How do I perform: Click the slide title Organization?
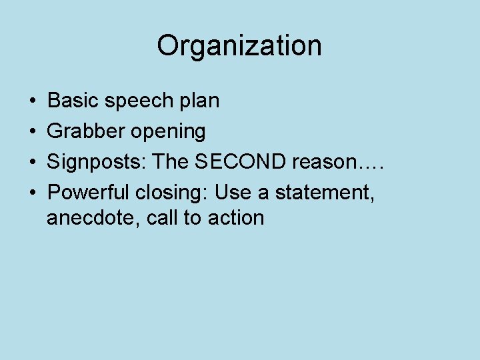239,46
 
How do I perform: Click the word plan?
199,101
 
